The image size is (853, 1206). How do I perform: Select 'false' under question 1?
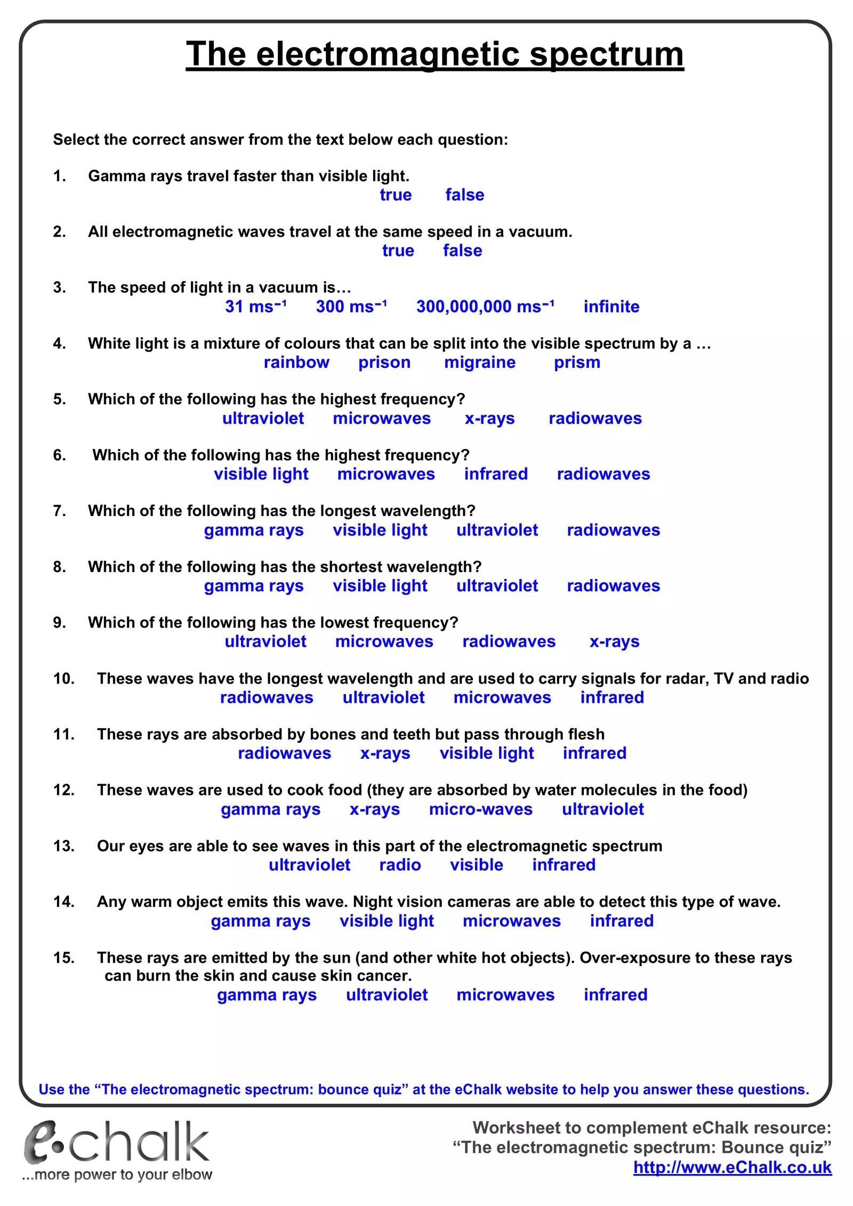(464, 195)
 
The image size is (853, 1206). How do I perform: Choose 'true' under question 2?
(398, 251)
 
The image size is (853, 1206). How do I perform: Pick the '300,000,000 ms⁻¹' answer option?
(485, 307)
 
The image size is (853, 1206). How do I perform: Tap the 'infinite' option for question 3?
(611, 307)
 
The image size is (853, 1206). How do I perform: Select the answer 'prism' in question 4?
(577, 363)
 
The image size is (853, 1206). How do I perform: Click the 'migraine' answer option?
(480, 363)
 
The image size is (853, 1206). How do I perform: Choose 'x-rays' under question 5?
(489, 419)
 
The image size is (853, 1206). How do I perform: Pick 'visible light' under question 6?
(261, 474)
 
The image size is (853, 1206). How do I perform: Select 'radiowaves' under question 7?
(613, 530)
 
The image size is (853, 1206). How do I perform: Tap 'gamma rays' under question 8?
(254, 586)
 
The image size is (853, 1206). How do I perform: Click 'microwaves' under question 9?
(384, 641)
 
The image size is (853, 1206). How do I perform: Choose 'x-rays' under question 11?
(385, 753)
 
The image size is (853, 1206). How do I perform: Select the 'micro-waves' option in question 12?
(480, 809)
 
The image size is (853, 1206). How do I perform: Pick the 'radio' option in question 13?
(400, 865)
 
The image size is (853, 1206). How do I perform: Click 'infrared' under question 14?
(621, 921)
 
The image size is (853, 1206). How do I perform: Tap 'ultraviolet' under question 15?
(387, 995)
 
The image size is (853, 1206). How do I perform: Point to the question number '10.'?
(63, 679)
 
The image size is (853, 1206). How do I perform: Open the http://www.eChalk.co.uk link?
(732, 1168)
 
